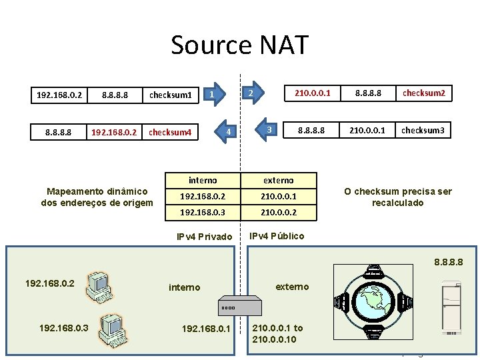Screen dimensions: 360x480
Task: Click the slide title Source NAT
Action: click(x=240, y=45)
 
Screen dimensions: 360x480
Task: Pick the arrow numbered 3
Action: click(x=268, y=129)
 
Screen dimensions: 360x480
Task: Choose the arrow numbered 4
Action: click(x=227, y=132)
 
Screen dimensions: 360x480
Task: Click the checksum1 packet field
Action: click(x=171, y=95)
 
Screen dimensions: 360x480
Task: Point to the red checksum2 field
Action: click(x=423, y=93)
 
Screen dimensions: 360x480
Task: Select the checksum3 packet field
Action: click(x=423, y=130)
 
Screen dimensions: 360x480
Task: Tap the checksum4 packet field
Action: click(x=171, y=132)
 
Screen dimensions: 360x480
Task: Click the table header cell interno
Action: click(x=203, y=180)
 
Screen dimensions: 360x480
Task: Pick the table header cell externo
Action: click(x=279, y=180)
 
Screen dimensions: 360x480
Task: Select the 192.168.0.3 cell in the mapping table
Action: click(x=203, y=213)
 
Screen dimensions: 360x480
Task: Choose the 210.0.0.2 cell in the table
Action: click(x=279, y=213)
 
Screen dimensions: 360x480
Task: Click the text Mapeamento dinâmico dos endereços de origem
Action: click(x=97, y=197)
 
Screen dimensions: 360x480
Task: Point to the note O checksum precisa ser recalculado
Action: click(x=397, y=197)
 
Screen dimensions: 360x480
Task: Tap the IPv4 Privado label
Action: click(x=204, y=237)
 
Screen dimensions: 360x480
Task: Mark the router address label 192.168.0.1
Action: click(x=205, y=328)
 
